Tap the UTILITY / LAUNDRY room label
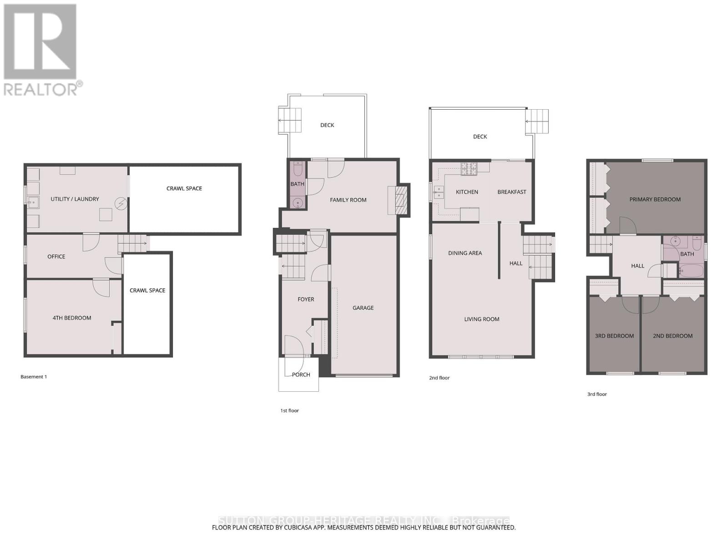(75, 199)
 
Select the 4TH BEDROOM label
(72, 318)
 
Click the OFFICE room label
(56, 257)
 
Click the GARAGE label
(363, 308)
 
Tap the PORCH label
(301, 374)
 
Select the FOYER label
(306, 299)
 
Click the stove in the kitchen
(469, 169)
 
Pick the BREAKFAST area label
(511, 192)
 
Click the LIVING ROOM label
(482, 319)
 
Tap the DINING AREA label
(465, 253)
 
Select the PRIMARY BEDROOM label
(655, 199)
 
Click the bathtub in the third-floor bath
(690, 271)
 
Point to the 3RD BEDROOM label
(614, 336)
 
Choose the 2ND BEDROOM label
(672, 336)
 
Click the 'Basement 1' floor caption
(34, 377)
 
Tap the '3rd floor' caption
(597, 394)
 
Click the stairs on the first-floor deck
(290, 121)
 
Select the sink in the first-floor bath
(298, 202)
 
